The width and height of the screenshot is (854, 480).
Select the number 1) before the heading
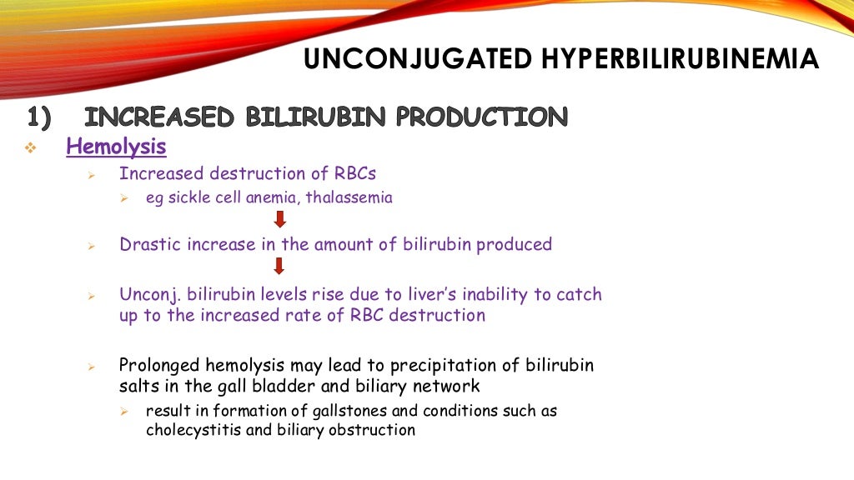39,117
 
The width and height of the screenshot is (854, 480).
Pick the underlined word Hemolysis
116,147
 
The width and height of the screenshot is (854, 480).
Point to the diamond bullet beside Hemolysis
31,148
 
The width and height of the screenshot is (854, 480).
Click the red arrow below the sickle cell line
280,219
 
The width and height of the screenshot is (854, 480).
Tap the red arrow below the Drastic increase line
279,266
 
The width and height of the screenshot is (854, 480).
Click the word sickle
185,198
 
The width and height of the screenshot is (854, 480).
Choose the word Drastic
148,244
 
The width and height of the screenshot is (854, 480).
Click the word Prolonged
158,365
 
